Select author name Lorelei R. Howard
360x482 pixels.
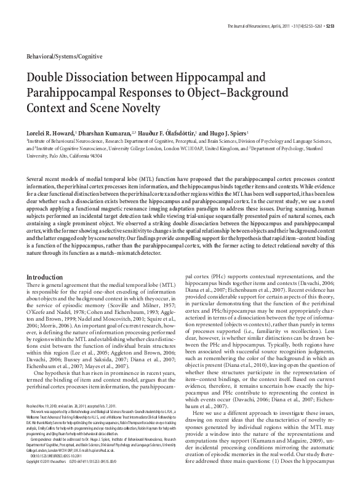tap(49, 133)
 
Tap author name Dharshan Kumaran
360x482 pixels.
tap(108, 133)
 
